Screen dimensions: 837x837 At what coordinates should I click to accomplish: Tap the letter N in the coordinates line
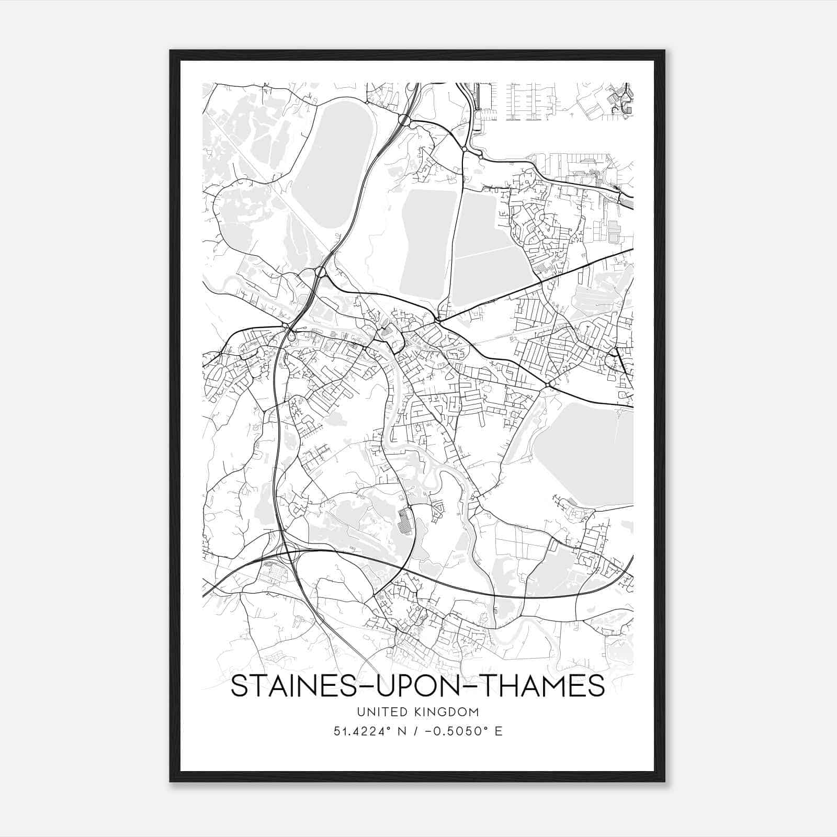coord(402,731)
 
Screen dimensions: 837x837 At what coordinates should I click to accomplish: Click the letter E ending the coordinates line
coord(498,731)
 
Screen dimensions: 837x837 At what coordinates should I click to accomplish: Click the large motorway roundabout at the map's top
coord(404,120)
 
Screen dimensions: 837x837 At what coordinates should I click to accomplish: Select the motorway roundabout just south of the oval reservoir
coord(320,272)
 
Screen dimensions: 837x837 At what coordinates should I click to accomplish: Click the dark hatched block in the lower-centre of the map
coord(404,520)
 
